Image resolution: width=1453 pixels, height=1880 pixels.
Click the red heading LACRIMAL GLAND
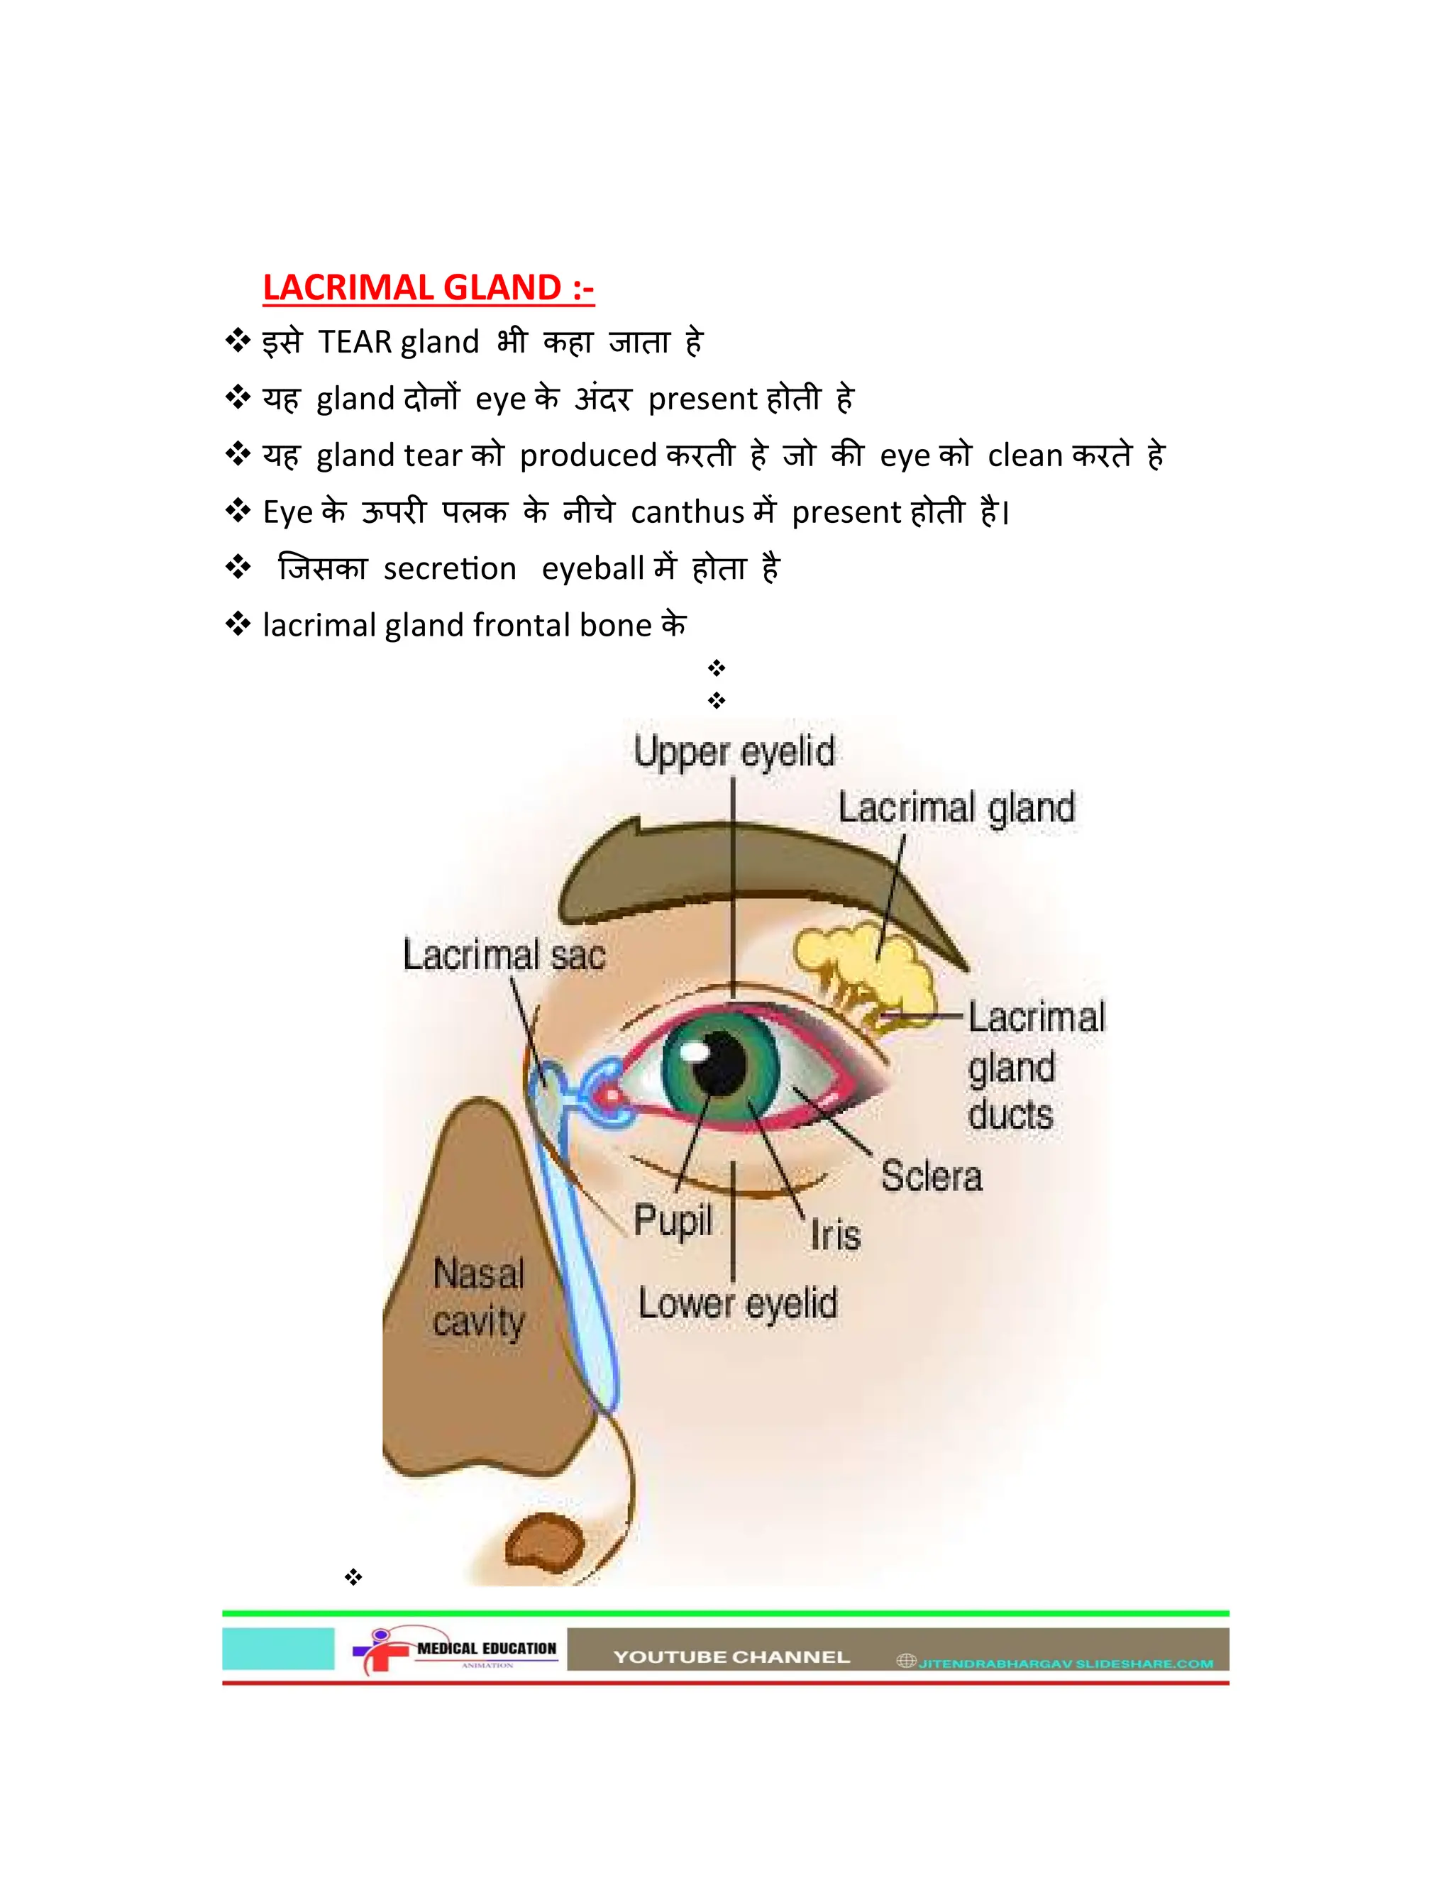(x=428, y=287)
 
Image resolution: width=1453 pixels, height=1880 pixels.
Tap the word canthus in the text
(x=687, y=512)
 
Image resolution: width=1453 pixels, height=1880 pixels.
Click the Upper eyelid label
(x=734, y=751)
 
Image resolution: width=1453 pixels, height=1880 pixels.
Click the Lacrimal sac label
(x=504, y=955)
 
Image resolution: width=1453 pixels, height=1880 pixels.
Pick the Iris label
(x=835, y=1236)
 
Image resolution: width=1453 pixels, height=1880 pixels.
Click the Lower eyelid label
(x=738, y=1303)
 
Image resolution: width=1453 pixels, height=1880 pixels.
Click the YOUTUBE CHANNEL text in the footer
(x=731, y=1657)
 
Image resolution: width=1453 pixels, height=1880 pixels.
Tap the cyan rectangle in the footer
(x=278, y=1649)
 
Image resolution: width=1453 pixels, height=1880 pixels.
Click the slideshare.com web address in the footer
(x=1065, y=1664)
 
